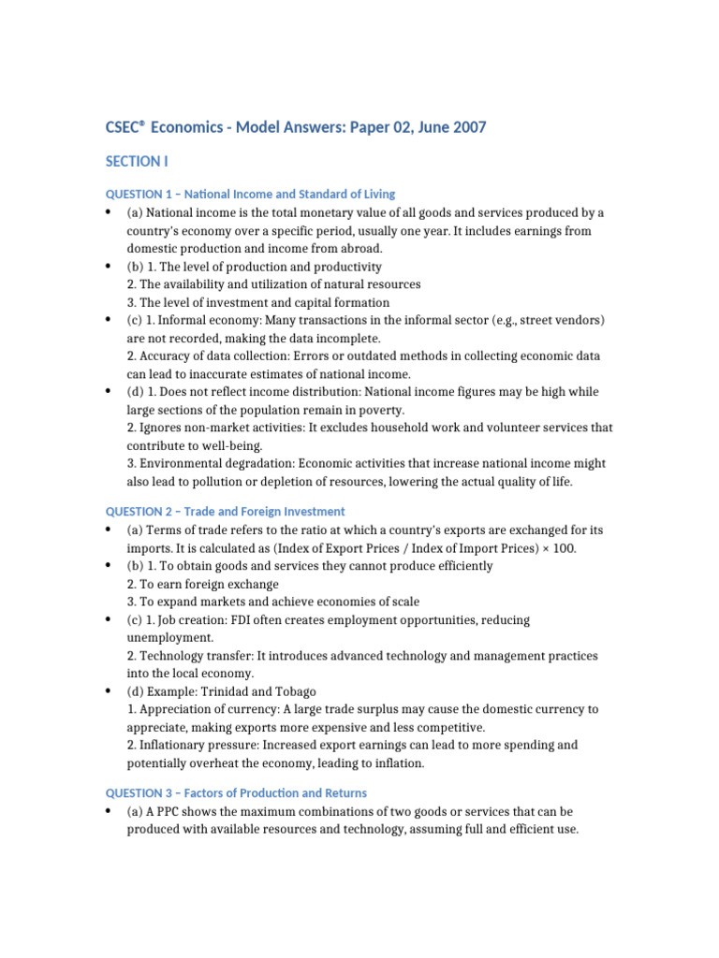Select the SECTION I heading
[x=137, y=161]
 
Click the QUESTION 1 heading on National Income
[x=250, y=194]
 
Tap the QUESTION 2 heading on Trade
[x=225, y=511]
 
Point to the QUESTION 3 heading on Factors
[x=236, y=792]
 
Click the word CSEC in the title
[x=125, y=127]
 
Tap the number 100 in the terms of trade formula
[x=564, y=548]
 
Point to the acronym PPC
[x=167, y=811]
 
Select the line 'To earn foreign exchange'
[x=203, y=584]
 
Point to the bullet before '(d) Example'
[x=110, y=692]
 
